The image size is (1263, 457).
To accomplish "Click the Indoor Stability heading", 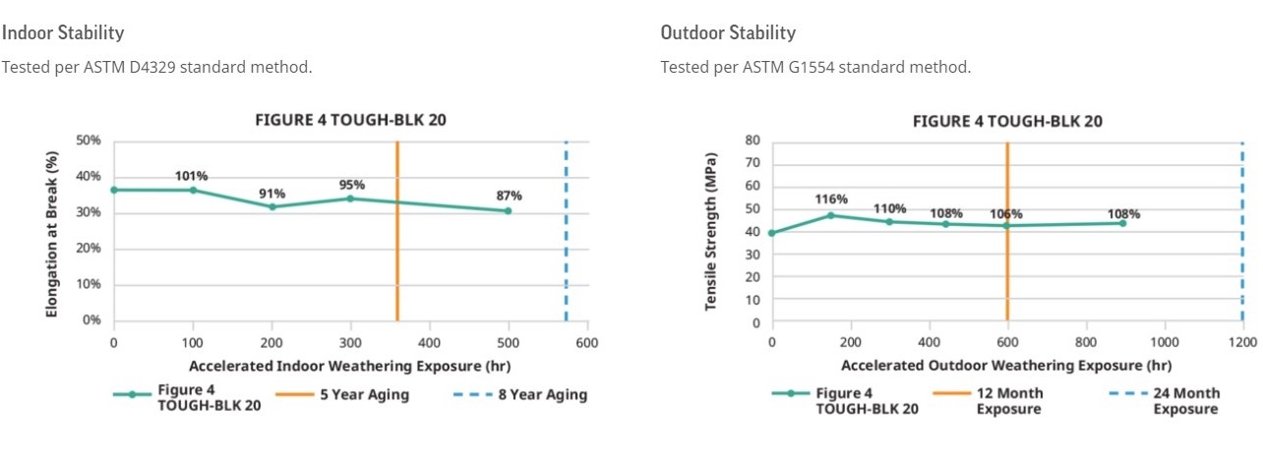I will [x=63, y=32].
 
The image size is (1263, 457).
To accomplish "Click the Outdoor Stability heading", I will [x=728, y=32].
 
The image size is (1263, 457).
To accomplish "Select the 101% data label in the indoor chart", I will [x=192, y=177].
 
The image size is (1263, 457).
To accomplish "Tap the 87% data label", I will [x=509, y=196].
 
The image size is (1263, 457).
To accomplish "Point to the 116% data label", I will [x=831, y=200].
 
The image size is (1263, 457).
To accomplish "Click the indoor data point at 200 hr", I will [x=271, y=206].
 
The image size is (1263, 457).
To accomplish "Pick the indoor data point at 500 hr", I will [x=508, y=210].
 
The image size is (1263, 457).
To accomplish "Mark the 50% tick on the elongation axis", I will [x=89, y=141].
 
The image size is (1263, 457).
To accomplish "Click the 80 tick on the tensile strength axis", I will [x=752, y=141].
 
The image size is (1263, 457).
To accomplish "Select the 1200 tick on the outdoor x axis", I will [x=1242, y=342].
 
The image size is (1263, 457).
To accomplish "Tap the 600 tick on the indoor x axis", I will [x=587, y=342].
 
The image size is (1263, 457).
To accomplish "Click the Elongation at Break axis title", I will [x=52, y=232].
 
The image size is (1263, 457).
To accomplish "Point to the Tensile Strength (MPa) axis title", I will [x=710, y=232].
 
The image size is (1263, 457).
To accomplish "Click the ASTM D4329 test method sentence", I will [x=156, y=67].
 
